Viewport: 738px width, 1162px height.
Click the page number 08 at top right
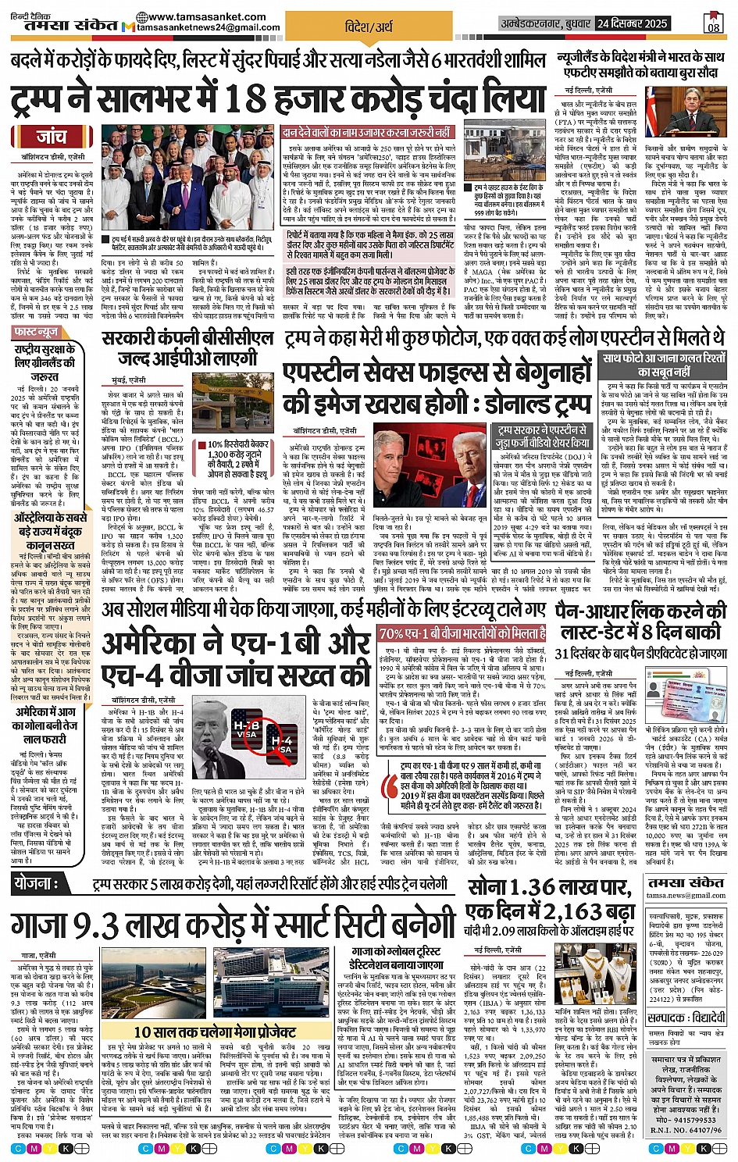tap(713, 24)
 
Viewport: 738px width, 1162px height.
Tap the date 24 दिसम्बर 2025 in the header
tap(632, 23)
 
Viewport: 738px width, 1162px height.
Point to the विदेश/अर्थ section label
tap(369, 27)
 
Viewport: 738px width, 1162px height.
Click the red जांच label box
tap(52, 137)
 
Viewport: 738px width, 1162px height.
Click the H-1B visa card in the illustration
tap(245, 733)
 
